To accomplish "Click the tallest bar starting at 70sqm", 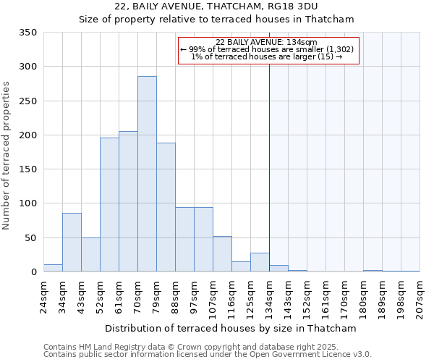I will [x=147, y=174].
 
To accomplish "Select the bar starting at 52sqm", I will [x=109, y=205].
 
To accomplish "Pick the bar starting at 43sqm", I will [x=90, y=255].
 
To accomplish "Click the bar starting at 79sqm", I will [x=166, y=207].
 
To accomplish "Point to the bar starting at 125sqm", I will [x=260, y=262].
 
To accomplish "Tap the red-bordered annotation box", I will [x=268, y=51].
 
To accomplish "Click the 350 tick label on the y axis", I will [x=27, y=33].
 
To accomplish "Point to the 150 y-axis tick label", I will [x=27, y=169].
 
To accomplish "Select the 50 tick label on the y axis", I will [x=30, y=237].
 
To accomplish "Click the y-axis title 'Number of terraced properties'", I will [x=7, y=156].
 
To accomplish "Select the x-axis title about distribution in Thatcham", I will [x=231, y=328].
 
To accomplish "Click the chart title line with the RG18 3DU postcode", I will [x=216, y=7].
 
